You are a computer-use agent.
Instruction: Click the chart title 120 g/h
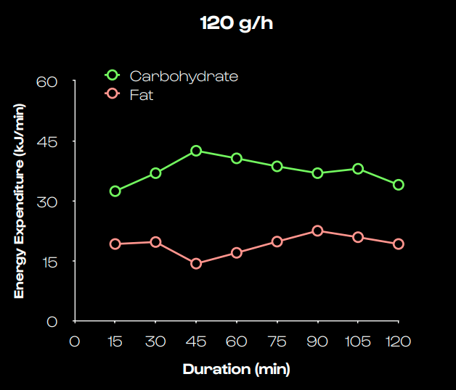[237, 22]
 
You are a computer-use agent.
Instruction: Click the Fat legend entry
[142, 94]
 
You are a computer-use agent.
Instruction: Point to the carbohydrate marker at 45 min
[196, 151]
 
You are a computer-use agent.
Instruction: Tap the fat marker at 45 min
[196, 263]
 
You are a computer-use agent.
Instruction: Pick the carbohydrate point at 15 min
[115, 191]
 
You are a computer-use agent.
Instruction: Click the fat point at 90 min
[317, 231]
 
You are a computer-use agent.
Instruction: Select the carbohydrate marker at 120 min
[399, 185]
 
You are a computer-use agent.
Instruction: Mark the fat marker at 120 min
[399, 244]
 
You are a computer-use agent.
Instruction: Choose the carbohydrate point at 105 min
[358, 169]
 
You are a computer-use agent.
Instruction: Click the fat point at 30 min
[155, 242]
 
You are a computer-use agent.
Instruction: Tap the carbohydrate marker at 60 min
[237, 158]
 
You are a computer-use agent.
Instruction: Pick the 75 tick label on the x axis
[277, 341]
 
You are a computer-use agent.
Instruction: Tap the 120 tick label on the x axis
[399, 341]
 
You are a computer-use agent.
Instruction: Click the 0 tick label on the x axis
[74, 341]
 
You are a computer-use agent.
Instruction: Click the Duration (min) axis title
[237, 369]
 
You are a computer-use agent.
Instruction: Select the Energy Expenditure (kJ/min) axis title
[20, 201]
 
